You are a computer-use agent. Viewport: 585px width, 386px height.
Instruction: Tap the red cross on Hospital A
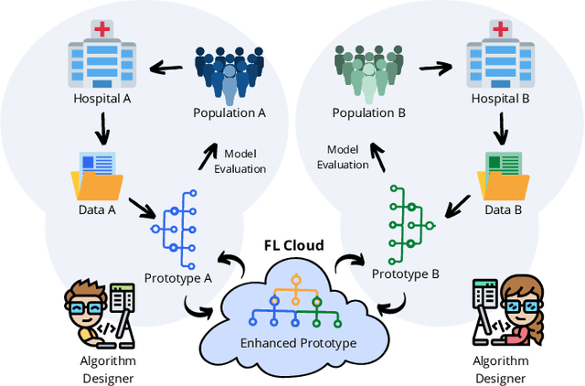(101, 29)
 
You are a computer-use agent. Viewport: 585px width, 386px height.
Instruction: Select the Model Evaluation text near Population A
(240, 161)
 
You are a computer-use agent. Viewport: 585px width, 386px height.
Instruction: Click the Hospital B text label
(500, 97)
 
